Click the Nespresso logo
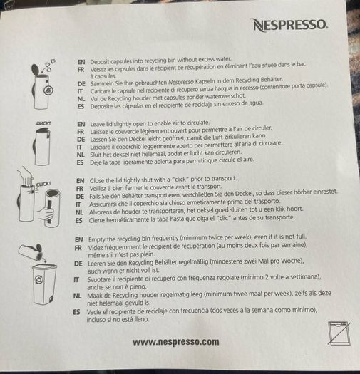[290, 25]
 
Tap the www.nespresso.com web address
[176, 341]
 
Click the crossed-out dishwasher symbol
[339, 333]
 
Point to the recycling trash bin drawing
[44, 284]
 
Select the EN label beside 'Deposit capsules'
[81, 62]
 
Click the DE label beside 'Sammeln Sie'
[81, 84]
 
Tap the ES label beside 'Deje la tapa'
[81, 162]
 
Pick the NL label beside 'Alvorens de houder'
[80, 212]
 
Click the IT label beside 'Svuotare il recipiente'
[76, 279]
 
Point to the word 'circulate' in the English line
[198, 123]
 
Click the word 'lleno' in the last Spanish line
[142, 319]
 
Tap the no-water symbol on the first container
[48, 90]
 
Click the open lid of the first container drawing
[36, 69]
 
